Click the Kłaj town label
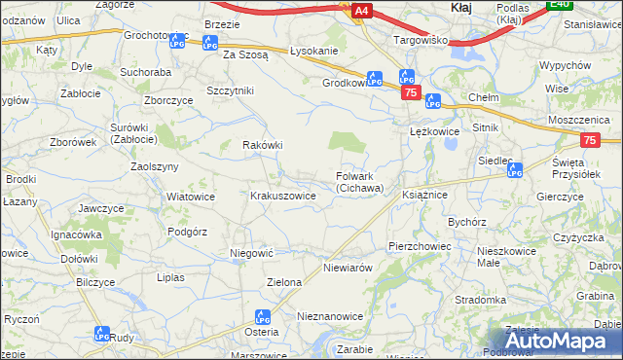461,7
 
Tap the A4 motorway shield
360,11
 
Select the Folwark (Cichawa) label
360,182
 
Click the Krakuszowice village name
283,196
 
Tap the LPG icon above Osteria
261,317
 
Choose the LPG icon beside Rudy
101,334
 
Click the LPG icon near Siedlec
515,170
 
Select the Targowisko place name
420,41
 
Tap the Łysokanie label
313,52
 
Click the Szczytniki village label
230,90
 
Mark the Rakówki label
262,146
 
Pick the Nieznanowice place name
330,317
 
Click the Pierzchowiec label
420,247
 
